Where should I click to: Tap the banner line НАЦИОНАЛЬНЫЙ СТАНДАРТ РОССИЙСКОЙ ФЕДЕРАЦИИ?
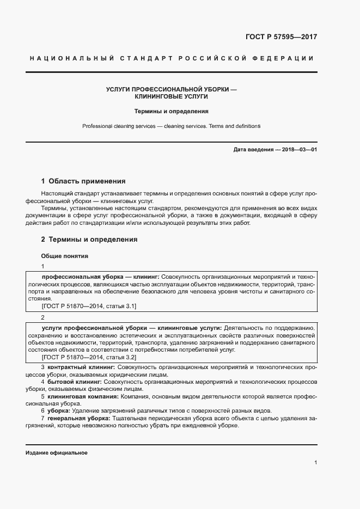172,58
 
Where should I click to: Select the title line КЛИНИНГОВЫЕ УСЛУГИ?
172,96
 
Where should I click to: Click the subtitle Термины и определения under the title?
172,111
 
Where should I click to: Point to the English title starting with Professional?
172,126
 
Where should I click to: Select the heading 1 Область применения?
83,181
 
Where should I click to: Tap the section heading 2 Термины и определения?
89,239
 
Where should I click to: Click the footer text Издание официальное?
56,453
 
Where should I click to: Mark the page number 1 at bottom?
315,463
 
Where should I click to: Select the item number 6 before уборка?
43,410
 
